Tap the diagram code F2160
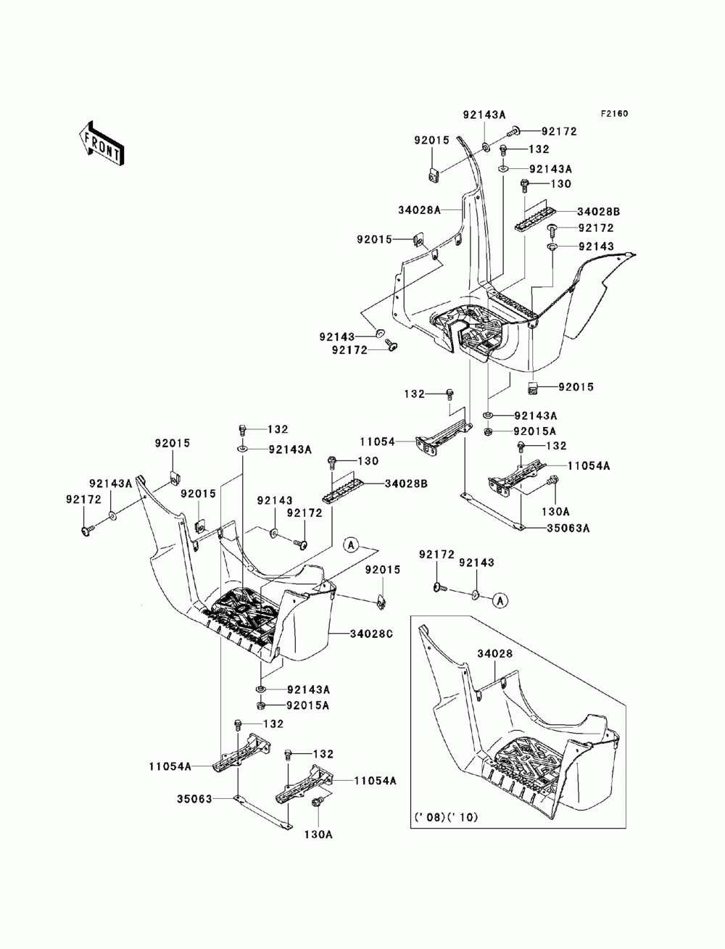pos(613,114)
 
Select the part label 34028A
pos(419,210)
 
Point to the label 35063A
pos(568,528)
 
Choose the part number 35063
pos(194,799)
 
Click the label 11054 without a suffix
pos(378,442)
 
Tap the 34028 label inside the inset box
pos(495,654)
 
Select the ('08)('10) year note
pos(446,817)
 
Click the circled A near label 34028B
pos(352,545)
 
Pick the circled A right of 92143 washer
pos(500,600)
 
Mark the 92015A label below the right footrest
pos(535,431)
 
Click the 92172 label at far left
pos(83,499)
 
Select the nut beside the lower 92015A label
pos(261,705)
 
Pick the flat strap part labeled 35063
pos(262,813)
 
